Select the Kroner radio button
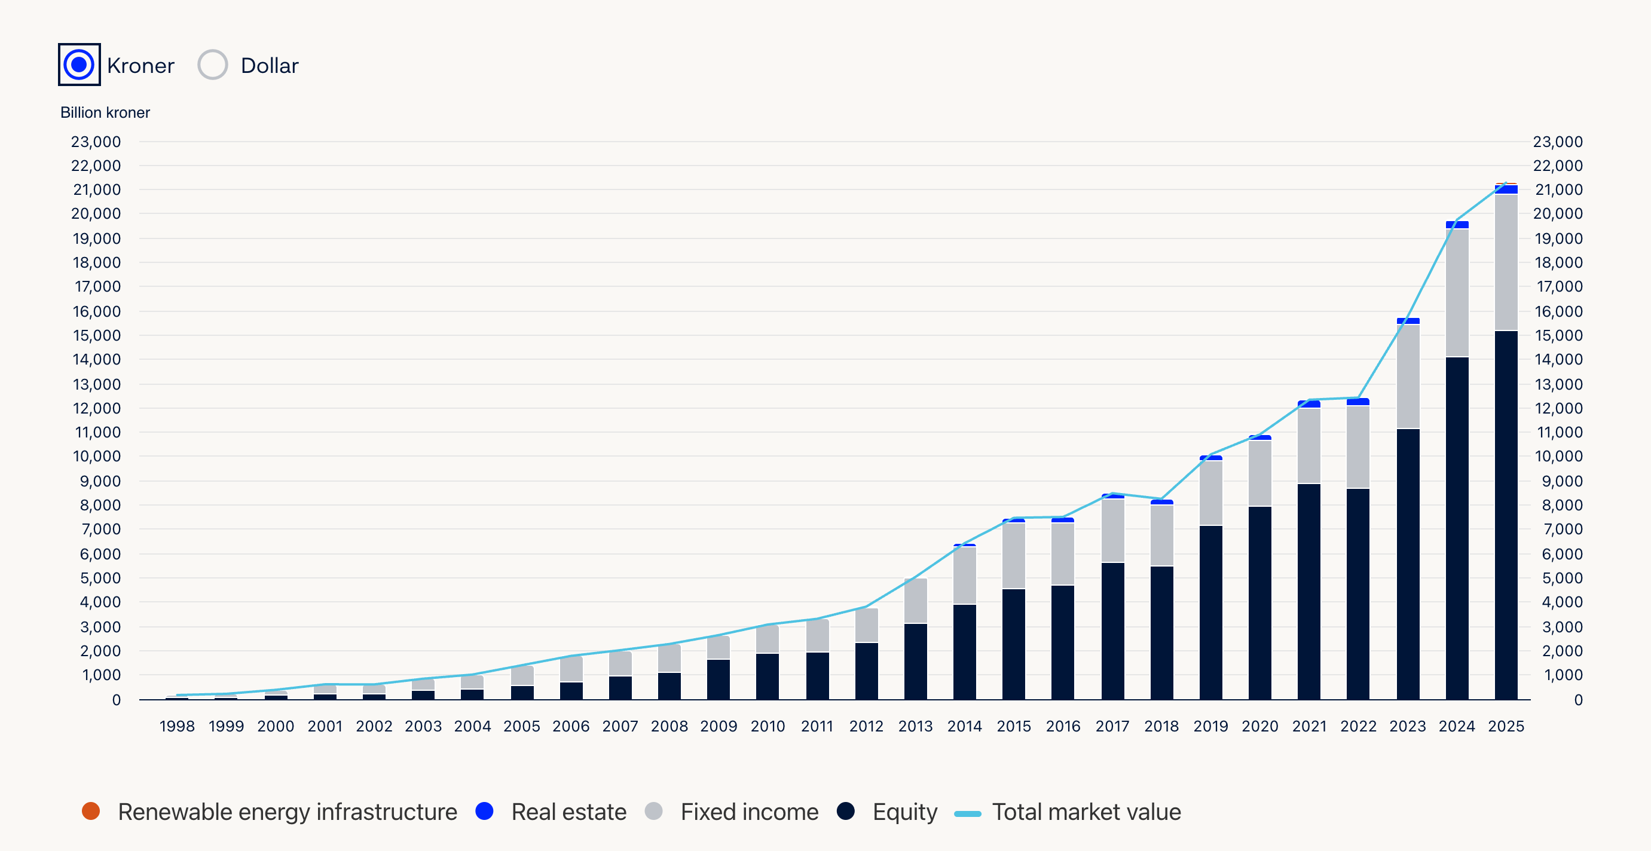tap(79, 65)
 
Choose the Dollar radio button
tap(213, 65)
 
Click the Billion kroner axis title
tap(105, 113)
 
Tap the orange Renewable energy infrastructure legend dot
tap(91, 812)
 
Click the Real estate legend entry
tap(568, 812)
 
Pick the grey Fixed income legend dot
tap(653, 812)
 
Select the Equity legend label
tap(904, 812)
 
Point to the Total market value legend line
tap(967, 813)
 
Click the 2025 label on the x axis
tap(1506, 726)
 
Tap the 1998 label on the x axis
tap(177, 726)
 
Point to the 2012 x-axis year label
tap(866, 726)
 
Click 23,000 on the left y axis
tap(96, 142)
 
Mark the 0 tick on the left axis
tap(116, 700)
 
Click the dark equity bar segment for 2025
tap(1506, 513)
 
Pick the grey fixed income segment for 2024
tap(1457, 292)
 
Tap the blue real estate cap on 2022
tap(1358, 402)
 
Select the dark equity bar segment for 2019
tap(1210, 612)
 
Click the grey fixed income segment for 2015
tap(1013, 556)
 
